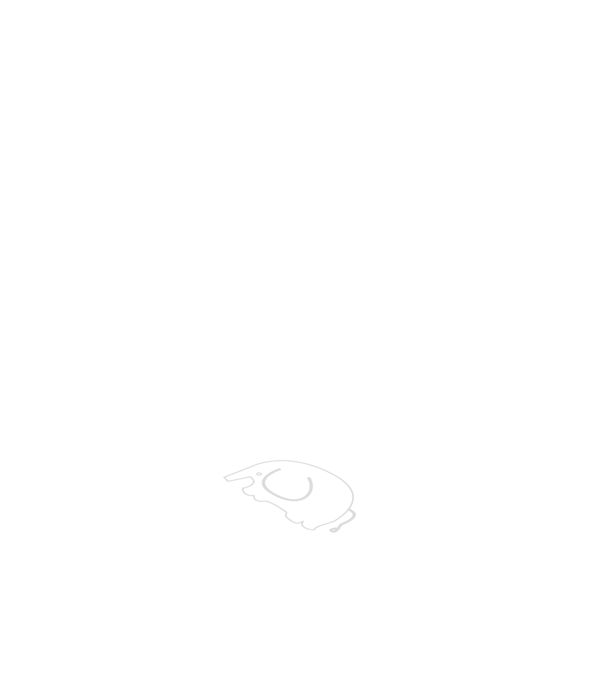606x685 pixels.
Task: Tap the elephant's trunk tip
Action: pos(226,478)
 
